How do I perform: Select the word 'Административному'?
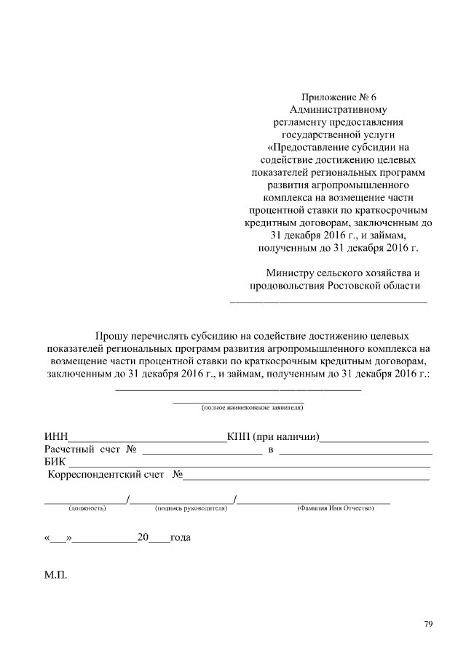click(341, 110)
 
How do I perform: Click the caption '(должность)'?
click(87, 508)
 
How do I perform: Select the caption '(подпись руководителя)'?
click(191, 508)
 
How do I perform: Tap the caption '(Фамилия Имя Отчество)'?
click(336, 508)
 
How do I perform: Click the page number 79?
click(429, 624)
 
